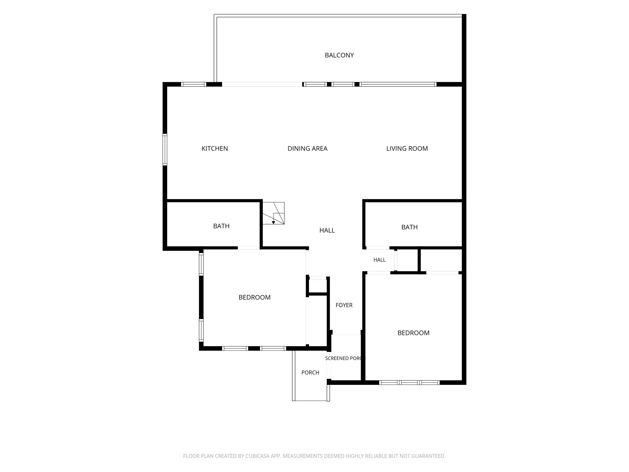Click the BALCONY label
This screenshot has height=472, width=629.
click(339, 55)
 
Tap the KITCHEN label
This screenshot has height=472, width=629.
click(215, 149)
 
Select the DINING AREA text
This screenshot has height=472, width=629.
click(307, 149)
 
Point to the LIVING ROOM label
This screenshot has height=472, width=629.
click(407, 149)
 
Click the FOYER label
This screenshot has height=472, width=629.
click(344, 305)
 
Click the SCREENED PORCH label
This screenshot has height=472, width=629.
click(345, 359)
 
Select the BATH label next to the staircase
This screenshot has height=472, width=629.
click(221, 226)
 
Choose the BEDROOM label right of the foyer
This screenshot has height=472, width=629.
click(413, 333)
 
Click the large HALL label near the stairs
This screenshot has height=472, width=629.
click(327, 231)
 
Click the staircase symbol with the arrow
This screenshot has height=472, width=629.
click(273, 213)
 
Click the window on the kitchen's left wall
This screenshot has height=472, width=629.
click(165, 150)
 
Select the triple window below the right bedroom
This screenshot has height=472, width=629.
click(409, 383)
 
